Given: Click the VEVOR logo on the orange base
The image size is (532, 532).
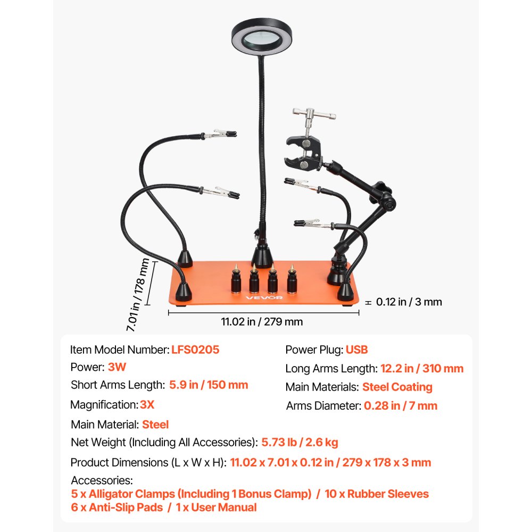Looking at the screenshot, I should click(264, 297).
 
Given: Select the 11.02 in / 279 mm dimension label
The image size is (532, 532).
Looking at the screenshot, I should click(262, 321).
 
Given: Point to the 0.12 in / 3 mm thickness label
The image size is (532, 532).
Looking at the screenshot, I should click(409, 302).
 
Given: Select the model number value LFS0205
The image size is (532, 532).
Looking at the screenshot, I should click(195, 350).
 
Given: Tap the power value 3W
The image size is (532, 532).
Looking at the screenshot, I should click(117, 367).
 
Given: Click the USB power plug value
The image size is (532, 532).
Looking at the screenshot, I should click(356, 350).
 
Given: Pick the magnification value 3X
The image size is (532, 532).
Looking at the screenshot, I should click(147, 404).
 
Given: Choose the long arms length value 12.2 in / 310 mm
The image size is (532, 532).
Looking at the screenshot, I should click(422, 368).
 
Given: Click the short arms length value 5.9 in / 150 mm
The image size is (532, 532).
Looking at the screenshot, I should click(209, 385).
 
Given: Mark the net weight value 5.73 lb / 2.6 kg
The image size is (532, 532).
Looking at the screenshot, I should click(300, 442).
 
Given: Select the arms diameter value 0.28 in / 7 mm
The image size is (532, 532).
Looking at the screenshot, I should click(401, 406).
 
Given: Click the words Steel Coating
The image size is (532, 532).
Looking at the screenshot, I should click(397, 387).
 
